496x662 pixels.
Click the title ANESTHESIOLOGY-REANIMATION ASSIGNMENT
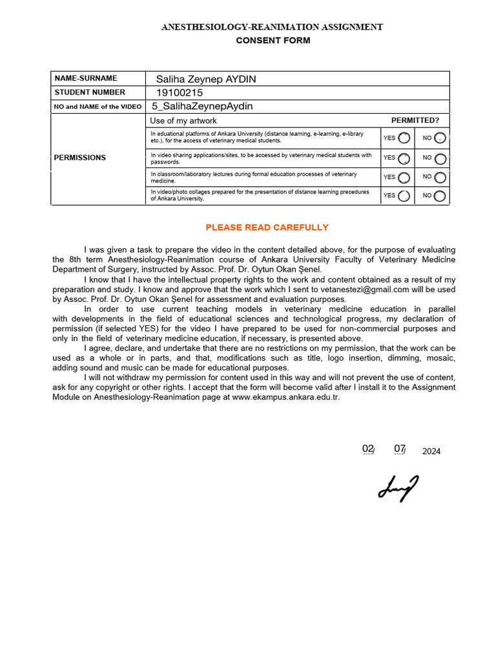(272, 27)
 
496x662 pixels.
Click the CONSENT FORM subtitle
(273, 41)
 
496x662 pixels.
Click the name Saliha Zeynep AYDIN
(206, 79)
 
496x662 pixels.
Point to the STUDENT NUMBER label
(90, 92)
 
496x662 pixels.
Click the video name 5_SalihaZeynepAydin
(202, 106)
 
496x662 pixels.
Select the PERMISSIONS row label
(80, 158)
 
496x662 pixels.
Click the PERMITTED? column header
(415, 121)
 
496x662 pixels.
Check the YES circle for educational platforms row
(404, 138)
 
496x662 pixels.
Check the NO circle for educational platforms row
(440, 138)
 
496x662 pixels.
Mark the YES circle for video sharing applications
(404, 158)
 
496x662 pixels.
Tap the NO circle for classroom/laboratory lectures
(440, 177)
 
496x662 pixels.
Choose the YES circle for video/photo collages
(404, 196)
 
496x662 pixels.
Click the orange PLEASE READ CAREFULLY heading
(267, 228)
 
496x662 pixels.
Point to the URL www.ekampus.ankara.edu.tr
(285, 397)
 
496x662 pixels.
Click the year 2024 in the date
(431, 451)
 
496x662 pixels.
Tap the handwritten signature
(398, 488)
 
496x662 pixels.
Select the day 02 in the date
(368, 449)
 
